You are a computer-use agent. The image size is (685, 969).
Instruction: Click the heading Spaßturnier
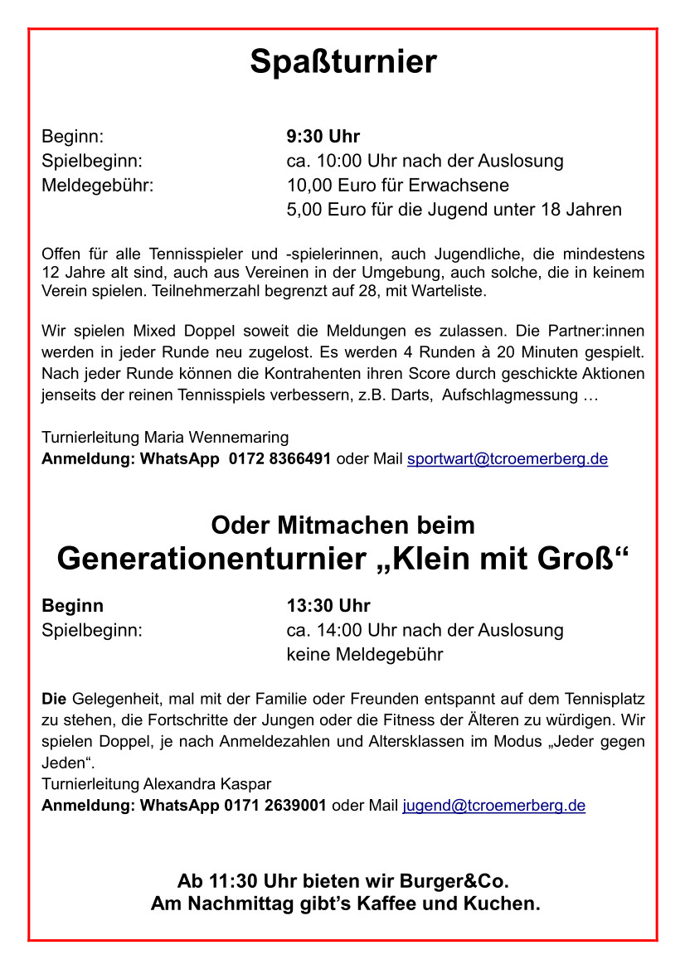tap(342, 62)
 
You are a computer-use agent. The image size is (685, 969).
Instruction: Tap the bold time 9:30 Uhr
tap(323, 136)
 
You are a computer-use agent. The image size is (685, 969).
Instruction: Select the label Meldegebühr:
tap(98, 185)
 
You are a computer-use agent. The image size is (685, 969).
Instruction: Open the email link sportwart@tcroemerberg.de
tap(507, 459)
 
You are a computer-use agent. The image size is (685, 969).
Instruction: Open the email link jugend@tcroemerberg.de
tap(493, 806)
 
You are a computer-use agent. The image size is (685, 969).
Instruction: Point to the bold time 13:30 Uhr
tap(328, 606)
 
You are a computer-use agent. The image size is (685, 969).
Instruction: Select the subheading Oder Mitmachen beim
tap(342, 526)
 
